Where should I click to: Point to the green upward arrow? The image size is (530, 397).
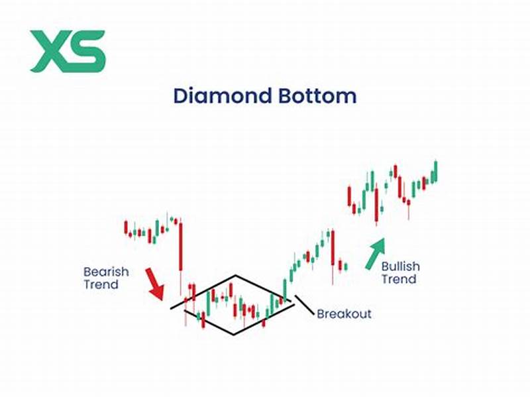point(374,254)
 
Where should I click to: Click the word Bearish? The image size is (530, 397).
point(106,272)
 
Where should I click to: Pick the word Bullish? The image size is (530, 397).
point(400,266)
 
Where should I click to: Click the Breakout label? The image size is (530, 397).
point(344,313)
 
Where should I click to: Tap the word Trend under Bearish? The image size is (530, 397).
point(101,285)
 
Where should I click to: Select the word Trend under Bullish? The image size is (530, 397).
point(398,279)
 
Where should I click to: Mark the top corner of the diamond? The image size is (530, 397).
point(236,274)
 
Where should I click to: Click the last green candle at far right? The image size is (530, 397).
point(435,172)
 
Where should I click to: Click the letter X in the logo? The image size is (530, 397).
point(49,51)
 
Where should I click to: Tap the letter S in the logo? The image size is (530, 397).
point(87,51)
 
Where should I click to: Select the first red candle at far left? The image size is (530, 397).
point(126,227)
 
